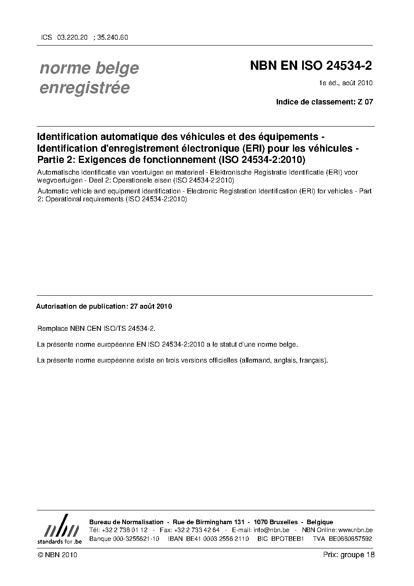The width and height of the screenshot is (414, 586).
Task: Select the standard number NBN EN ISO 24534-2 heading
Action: tap(310, 66)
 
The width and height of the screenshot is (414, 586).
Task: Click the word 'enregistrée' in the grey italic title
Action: tap(84, 88)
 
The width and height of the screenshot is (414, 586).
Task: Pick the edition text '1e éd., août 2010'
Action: tap(346, 83)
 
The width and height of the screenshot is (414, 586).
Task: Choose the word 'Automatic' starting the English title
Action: tap(51, 191)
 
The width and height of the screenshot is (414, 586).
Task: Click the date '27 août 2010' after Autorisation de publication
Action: tap(151, 306)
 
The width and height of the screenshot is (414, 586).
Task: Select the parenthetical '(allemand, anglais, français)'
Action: tap(283, 360)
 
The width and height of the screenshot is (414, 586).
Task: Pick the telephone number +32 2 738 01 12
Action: tap(124, 530)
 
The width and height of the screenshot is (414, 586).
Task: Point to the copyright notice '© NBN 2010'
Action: tap(57, 555)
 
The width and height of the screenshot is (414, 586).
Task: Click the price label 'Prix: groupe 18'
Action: tap(348, 555)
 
